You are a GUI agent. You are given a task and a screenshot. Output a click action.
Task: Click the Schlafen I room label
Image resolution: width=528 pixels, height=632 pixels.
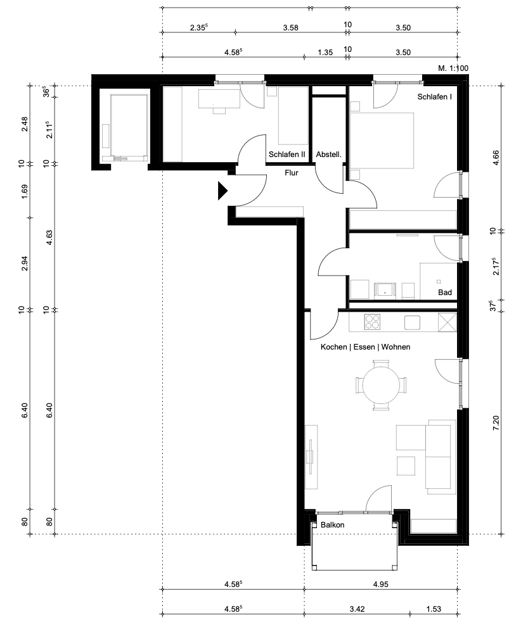434,97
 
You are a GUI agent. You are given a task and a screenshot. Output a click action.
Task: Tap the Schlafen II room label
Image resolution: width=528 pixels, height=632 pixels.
287,154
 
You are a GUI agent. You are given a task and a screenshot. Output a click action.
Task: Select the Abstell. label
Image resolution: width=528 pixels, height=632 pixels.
329,154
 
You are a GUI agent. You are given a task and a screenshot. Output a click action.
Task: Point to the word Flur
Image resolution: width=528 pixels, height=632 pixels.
291,172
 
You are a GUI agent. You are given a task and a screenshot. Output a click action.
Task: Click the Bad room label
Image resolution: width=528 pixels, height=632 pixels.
445,293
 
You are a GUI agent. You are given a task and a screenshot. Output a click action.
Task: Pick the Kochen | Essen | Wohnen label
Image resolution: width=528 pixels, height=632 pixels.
365,347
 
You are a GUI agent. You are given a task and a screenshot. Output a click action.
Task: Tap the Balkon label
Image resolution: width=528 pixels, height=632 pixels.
332,525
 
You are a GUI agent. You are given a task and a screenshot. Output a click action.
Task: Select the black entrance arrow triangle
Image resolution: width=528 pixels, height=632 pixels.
222,191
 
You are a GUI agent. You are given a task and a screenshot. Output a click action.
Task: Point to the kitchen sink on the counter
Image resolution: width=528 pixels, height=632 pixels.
413,322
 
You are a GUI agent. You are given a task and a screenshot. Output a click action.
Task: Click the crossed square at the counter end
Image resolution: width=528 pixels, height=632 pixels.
448,322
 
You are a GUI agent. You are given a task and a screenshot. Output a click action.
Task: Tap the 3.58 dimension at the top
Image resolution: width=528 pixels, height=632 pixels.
291,27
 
